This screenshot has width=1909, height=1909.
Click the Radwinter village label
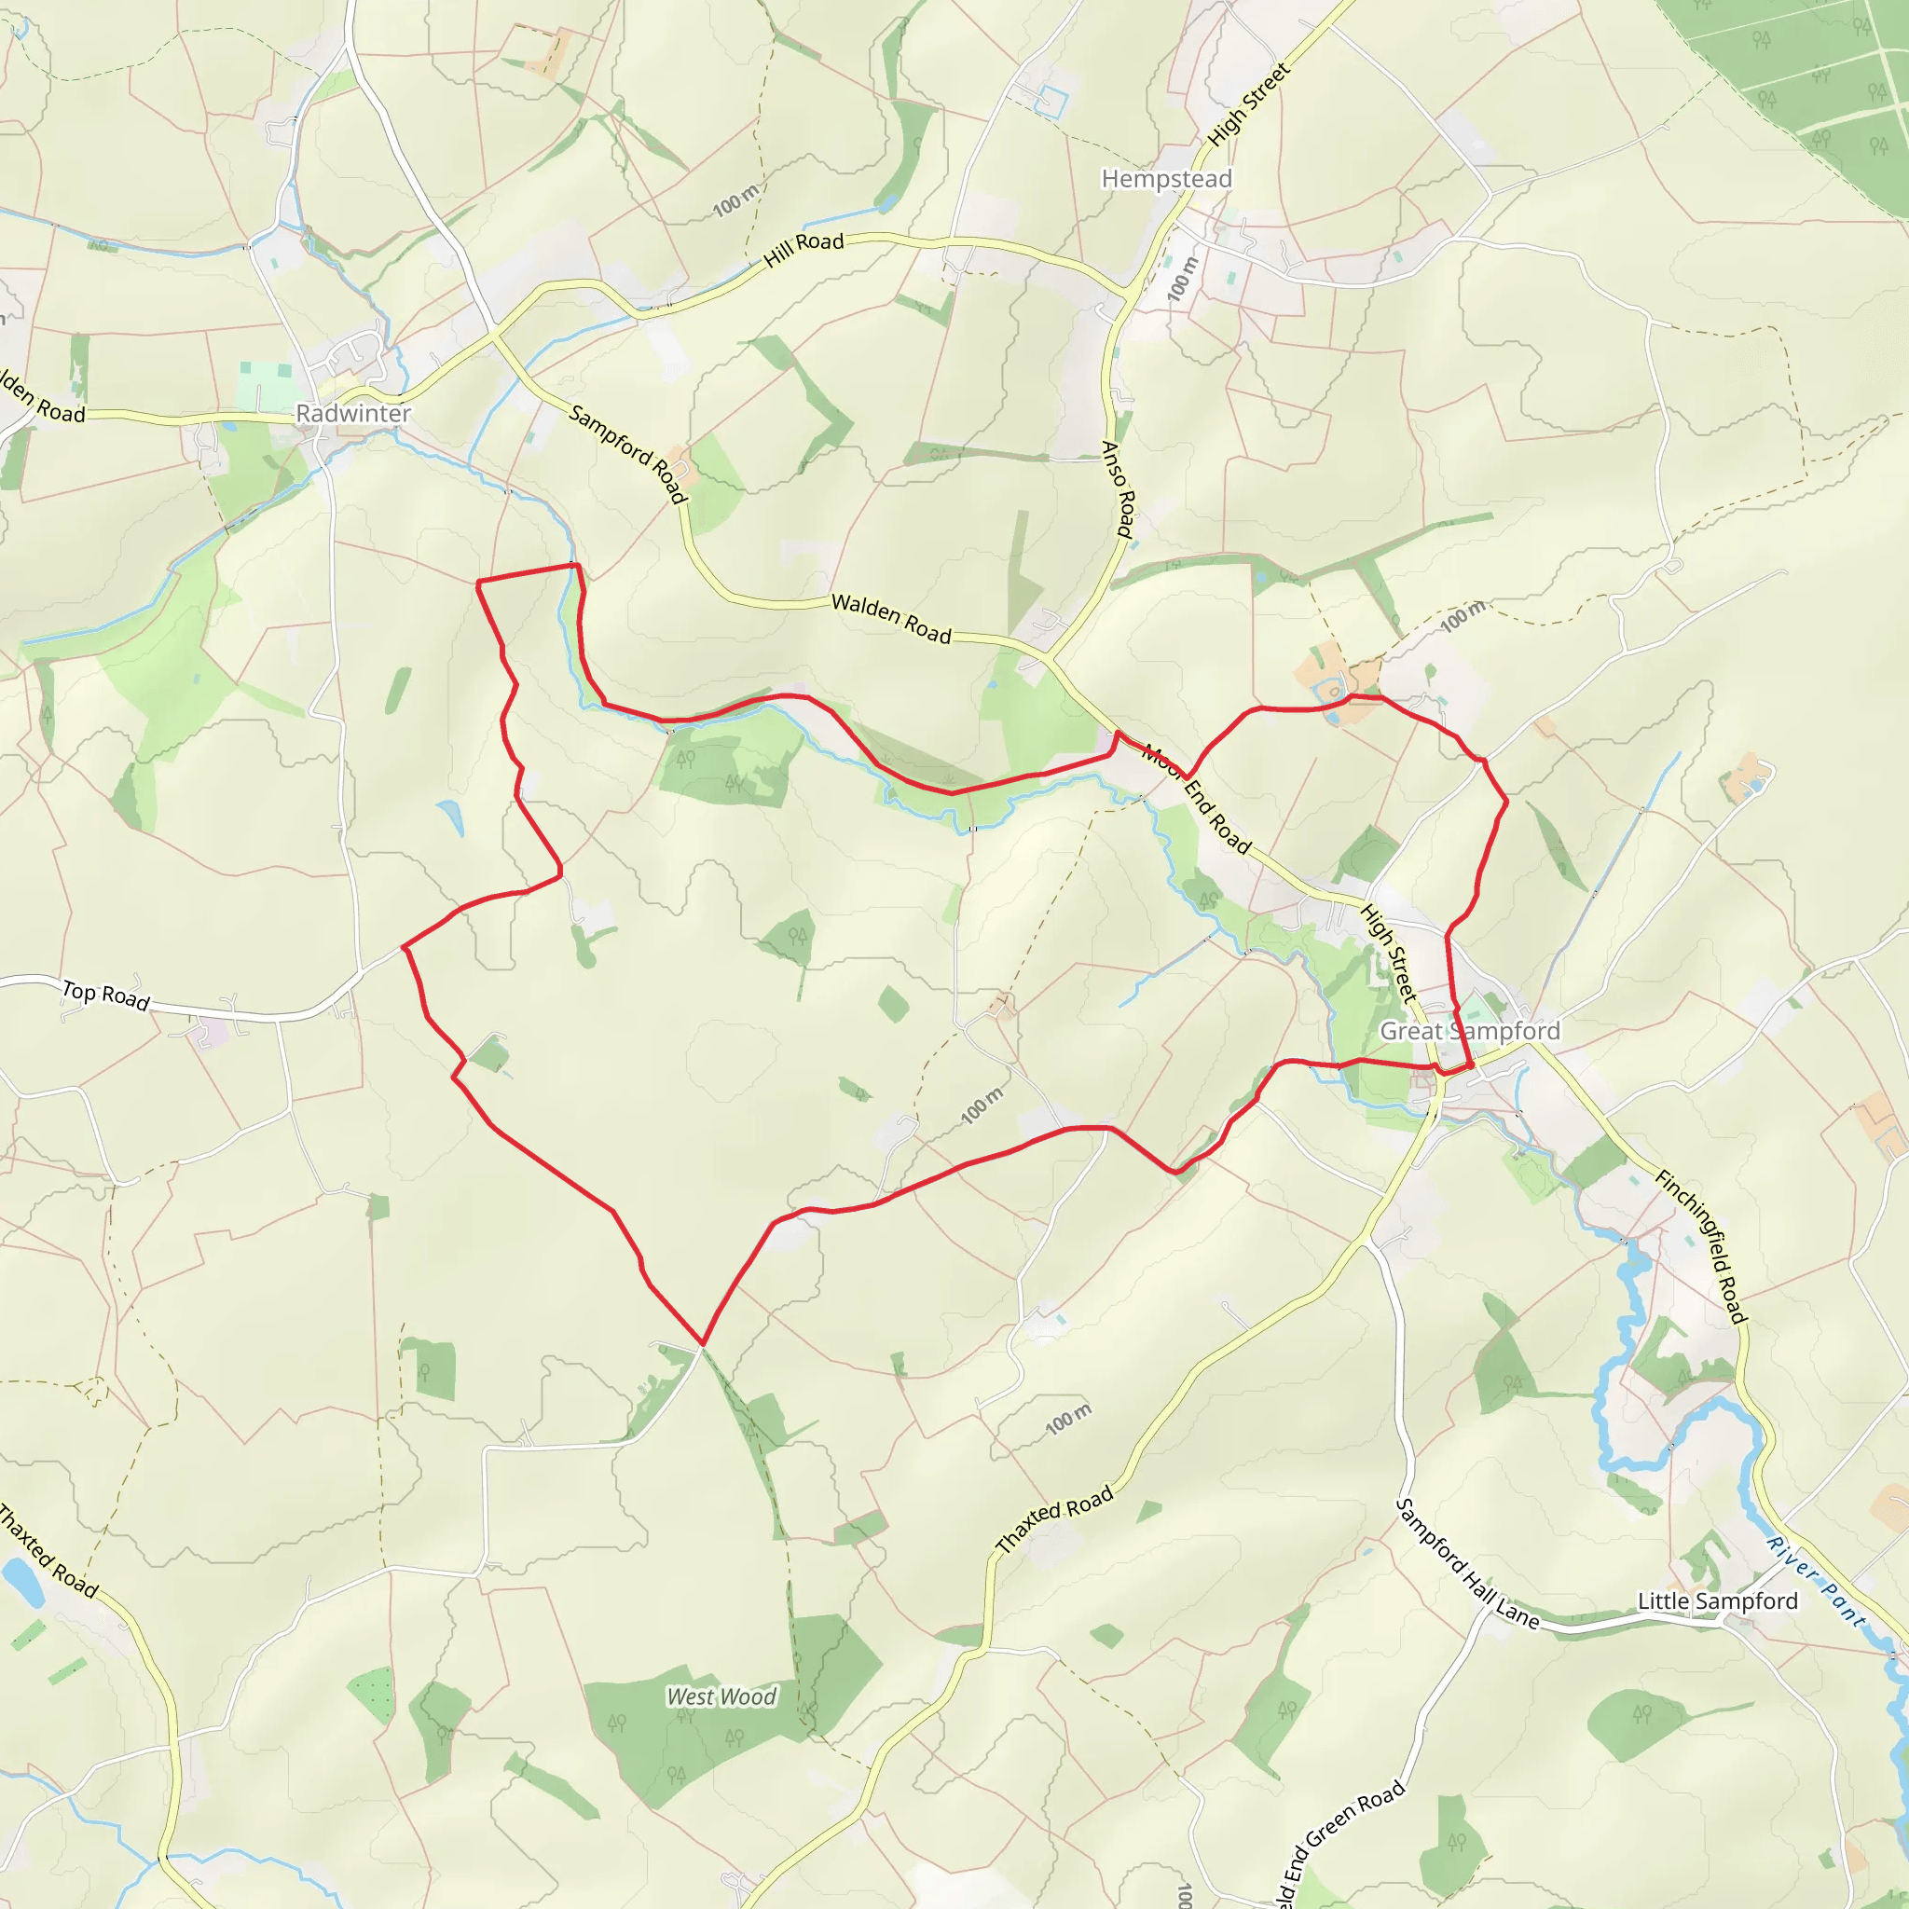352,413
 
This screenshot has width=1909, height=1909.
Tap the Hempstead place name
1166,179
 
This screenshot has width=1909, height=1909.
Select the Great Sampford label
1469,1031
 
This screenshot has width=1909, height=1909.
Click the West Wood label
721,1696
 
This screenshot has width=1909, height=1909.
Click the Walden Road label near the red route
890,618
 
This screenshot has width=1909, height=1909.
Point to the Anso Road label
1119,489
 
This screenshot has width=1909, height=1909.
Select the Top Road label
105,995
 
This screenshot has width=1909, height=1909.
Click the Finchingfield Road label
1702,1246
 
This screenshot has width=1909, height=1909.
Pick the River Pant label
1816,1582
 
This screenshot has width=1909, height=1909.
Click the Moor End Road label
1197,801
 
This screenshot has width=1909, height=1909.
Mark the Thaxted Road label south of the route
1053,1518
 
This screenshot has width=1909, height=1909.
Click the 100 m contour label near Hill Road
736,200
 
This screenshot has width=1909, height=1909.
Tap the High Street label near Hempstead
1249,104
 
